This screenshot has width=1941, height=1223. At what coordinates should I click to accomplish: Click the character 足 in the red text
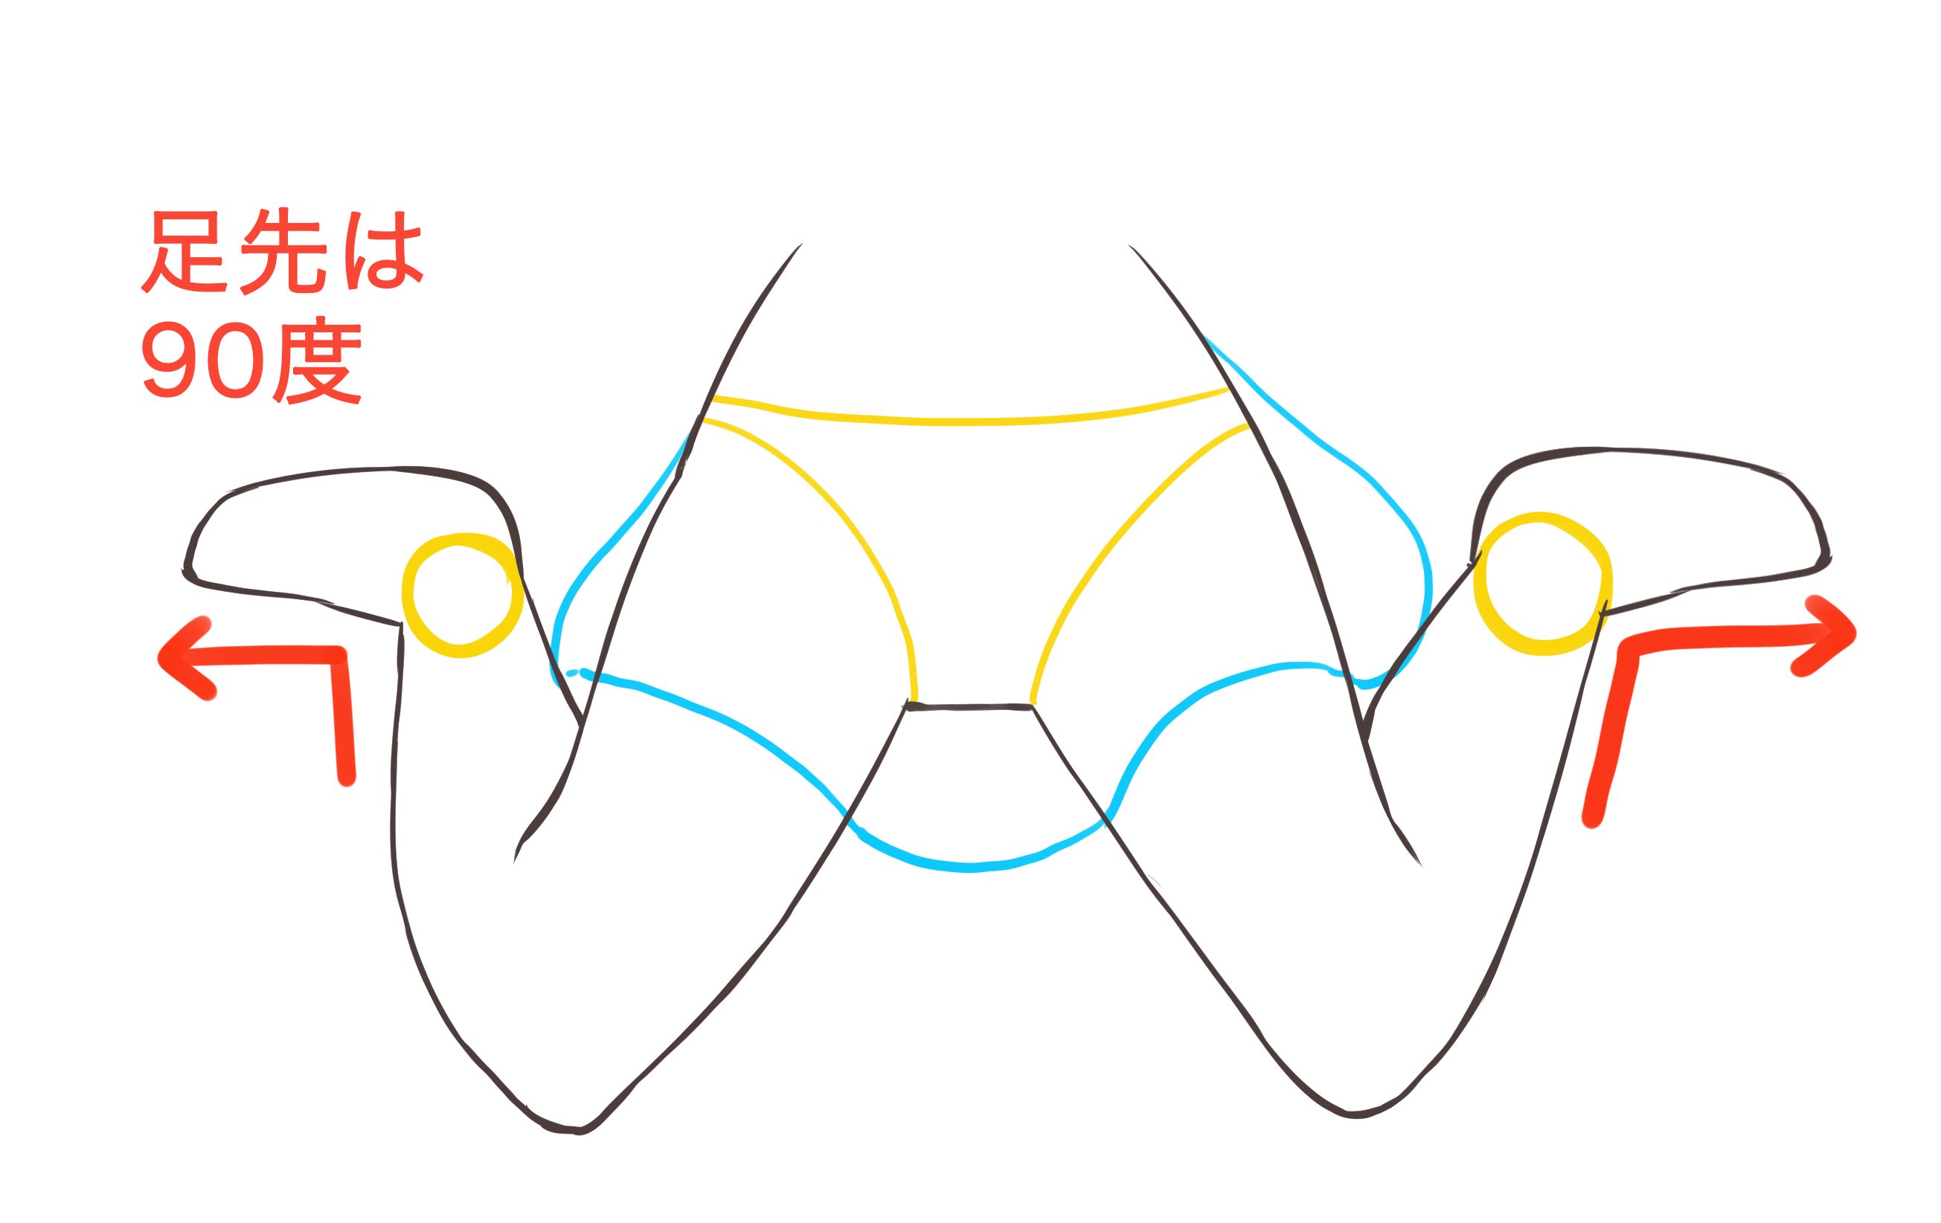tap(187, 251)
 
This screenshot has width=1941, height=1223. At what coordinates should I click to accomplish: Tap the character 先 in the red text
tap(283, 251)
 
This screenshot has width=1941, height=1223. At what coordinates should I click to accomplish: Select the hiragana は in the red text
tap(382, 251)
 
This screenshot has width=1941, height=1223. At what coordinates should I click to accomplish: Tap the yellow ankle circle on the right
tap(1542, 584)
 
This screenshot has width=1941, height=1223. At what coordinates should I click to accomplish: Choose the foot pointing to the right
tap(1652, 516)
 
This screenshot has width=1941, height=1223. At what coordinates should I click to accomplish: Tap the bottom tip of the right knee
tap(1354, 1115)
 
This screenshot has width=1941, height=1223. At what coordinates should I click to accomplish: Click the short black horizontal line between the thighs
tap(969, 707)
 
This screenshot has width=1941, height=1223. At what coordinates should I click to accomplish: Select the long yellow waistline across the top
tap(967, 422)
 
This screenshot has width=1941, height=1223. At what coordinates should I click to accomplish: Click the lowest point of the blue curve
tap(972, 868)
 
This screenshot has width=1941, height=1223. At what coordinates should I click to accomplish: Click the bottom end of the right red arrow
tap(1592, 819)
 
